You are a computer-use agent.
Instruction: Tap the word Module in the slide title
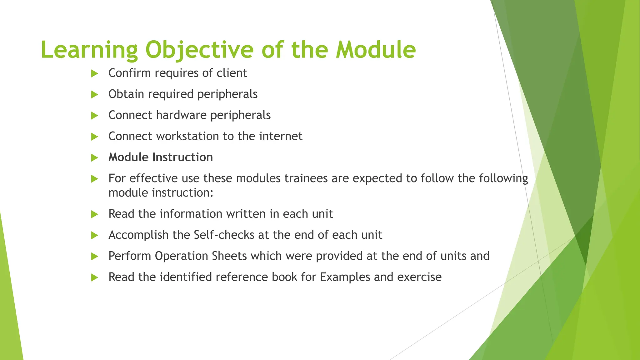(x=376, y=50)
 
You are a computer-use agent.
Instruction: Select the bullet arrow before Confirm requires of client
(x=94, y=74)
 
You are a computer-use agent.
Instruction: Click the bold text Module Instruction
(x=161, y=157)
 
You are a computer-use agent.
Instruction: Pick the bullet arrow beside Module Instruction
(x=94, y=158)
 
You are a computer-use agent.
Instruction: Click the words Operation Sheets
(x=201, y=256)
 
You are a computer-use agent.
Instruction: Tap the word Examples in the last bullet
(x=345, y=277)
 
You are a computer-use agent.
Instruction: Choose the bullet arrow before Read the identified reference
(x=94, y=277)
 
